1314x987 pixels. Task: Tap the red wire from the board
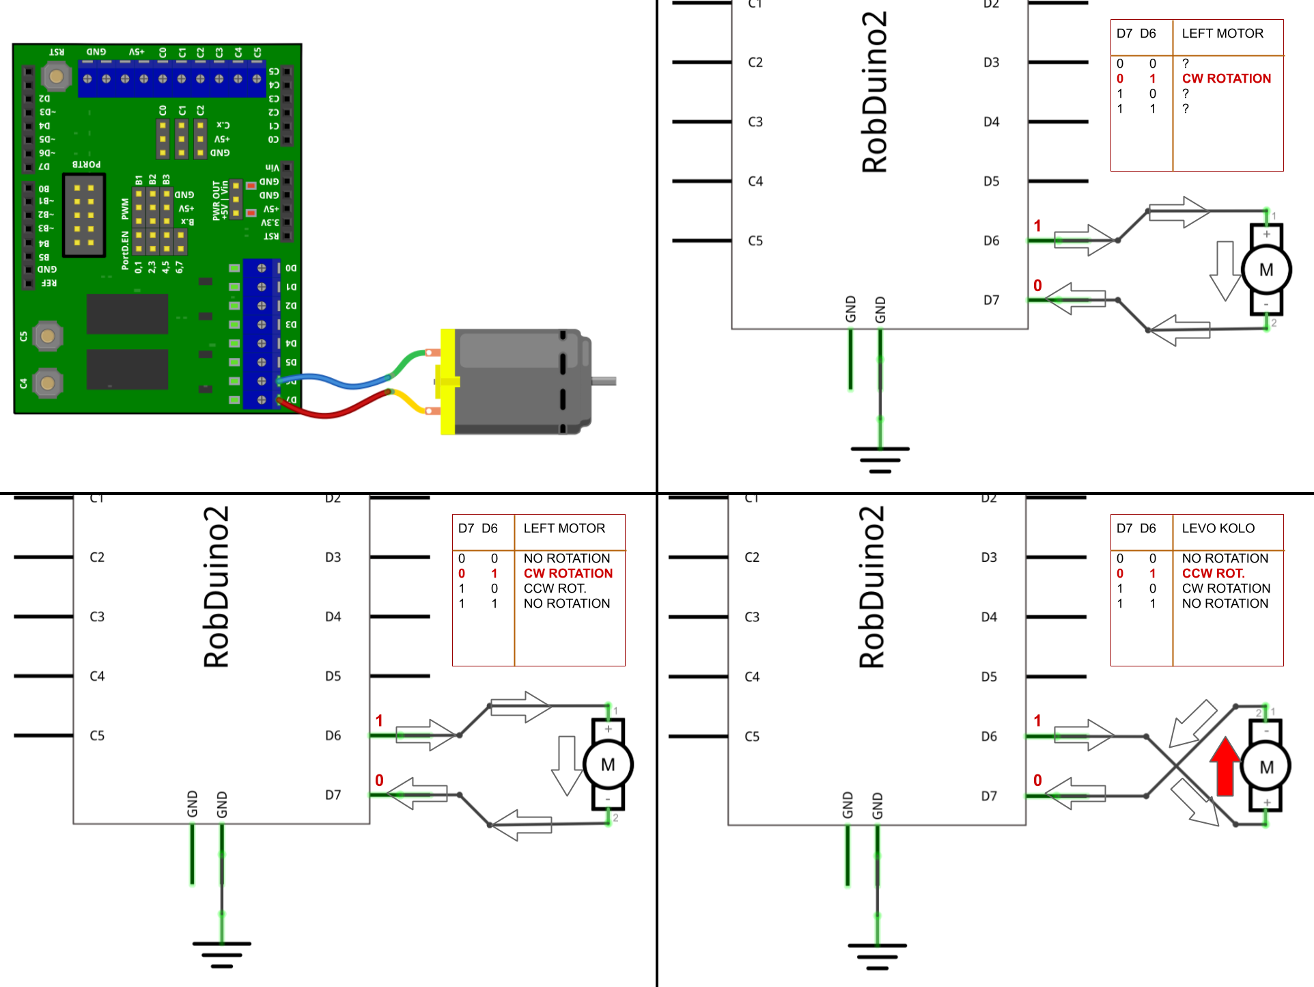click(x=328, y=413)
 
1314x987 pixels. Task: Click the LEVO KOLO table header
click(x=1218, y=528)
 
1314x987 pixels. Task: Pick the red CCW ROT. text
click(x=1214, y=573)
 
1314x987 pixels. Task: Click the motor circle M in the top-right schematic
click(x=1266, y=270)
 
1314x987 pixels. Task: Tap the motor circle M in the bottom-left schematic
click(x=608, y=765)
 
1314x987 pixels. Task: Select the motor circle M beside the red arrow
click(x=1266, y=767)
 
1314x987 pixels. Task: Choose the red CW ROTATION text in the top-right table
click(x=1227, y=79)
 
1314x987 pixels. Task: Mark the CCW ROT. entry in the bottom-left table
click(x=555, y=589)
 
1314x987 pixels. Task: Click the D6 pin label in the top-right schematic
click(x=991, y=241)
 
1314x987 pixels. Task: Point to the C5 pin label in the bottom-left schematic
click(x=97, y=735)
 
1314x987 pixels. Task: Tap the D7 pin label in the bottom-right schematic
click(x=989, y=796)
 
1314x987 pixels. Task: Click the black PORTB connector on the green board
click(x=84, y=215)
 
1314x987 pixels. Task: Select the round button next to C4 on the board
click(x=47, y=383)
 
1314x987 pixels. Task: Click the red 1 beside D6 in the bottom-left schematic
click(x=379, y=720)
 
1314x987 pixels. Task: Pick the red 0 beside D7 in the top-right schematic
click(x=1037, y=286)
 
